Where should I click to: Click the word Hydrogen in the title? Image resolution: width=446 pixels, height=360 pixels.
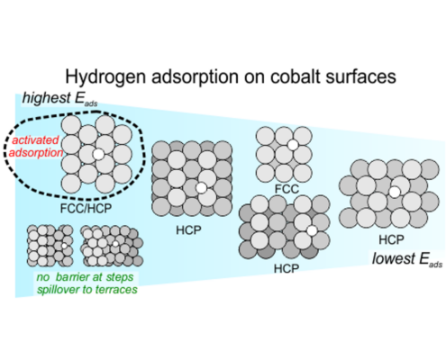(x=106, y=77)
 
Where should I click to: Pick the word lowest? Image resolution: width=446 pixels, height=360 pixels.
(x=393, y=258)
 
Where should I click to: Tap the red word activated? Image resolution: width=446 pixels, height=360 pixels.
(x=35, y=140)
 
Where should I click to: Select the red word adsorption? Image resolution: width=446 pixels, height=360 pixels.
(x=36, y=153)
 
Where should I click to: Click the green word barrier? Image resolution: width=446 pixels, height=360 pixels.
(x=72, y=277)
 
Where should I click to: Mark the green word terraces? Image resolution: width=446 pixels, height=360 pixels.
(x=121, y=290)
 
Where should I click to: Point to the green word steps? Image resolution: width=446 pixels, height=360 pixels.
(x=120, y=277)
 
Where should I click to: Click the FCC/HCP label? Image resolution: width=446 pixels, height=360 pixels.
(x=86, y=208)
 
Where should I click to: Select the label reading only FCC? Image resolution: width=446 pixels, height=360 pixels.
(x=287, y=189)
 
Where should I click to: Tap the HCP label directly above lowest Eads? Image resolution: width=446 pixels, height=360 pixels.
(x=391, y=239)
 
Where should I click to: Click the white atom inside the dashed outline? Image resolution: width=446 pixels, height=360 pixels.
(x=98, y=154)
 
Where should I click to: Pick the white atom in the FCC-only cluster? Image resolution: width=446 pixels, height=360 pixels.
(x=293, y=145)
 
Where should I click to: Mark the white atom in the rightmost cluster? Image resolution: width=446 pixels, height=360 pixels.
(x=395, y=192)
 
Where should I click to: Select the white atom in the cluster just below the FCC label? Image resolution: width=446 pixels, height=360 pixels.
(x=312, y=230)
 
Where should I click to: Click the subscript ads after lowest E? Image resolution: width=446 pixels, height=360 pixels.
(x=435, y=265)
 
